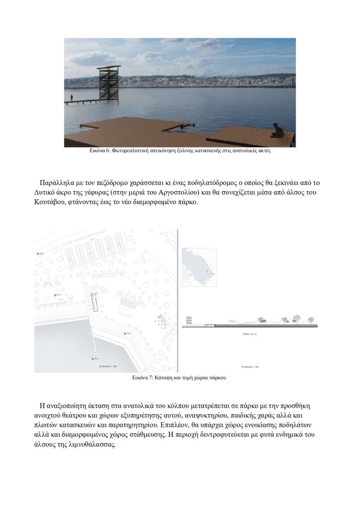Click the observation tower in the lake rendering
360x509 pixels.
(109, 83)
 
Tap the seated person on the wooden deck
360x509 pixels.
(278, 131)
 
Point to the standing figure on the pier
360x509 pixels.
(72, 98)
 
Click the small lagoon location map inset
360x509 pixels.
(199, 268)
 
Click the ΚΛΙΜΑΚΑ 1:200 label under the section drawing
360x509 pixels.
(250, 367)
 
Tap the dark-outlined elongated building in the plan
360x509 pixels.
(95, 300)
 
